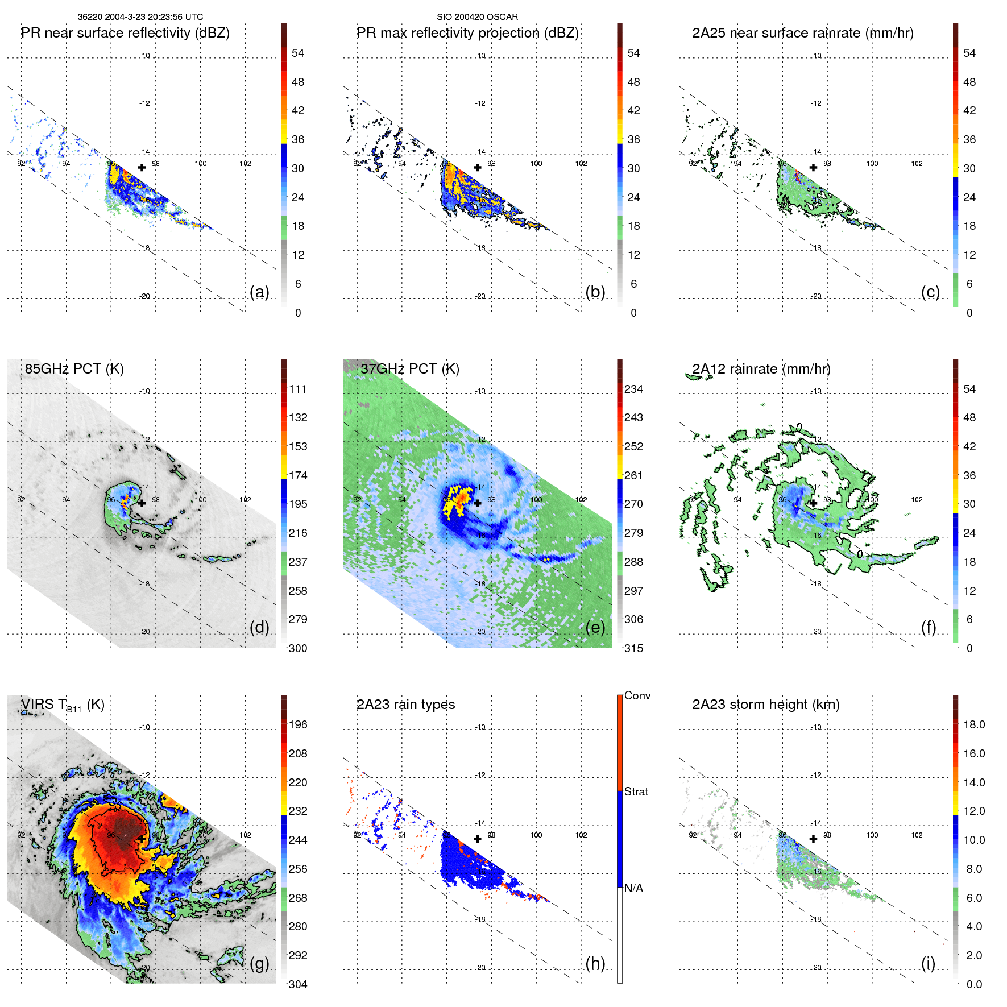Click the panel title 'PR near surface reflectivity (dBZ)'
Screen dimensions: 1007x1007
click(x=125, y=33)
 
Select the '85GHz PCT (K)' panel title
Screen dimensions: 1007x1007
click(x=74, y=369)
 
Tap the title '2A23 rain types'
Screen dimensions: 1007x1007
click(x=405, y=705)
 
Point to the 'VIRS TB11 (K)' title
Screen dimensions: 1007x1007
click(x=63, y=705)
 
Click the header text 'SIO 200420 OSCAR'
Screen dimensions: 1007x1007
click(x=477, y=17)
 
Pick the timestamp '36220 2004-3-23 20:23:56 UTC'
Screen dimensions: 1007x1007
click(x=140, y=17)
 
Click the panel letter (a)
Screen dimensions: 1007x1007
click(x=259, y=292)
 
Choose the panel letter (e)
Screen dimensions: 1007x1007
click(x=595, y=627)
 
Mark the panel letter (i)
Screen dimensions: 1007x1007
click(x=928, y=963)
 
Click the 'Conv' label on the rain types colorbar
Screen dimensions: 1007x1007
click(x=637, y=695)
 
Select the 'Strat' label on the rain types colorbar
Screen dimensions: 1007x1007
click(x=636, y=791)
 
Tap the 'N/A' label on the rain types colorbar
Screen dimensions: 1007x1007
click(x=634, y=888)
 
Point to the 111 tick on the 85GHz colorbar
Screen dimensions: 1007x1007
click(x=298, y=389)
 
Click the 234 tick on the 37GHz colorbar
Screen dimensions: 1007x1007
click(x=633, y=389)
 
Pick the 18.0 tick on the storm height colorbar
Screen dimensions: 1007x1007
click(x=974, y=724)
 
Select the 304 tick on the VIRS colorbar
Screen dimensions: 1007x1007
click(x=298, y=984)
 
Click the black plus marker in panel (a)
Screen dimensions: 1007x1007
click(x=142, y=167)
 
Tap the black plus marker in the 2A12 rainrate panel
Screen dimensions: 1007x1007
click(x=813, y=503)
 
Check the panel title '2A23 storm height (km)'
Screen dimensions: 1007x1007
click(x=766, y=705)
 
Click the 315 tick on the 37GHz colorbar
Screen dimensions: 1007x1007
click(x=633, y=648)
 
